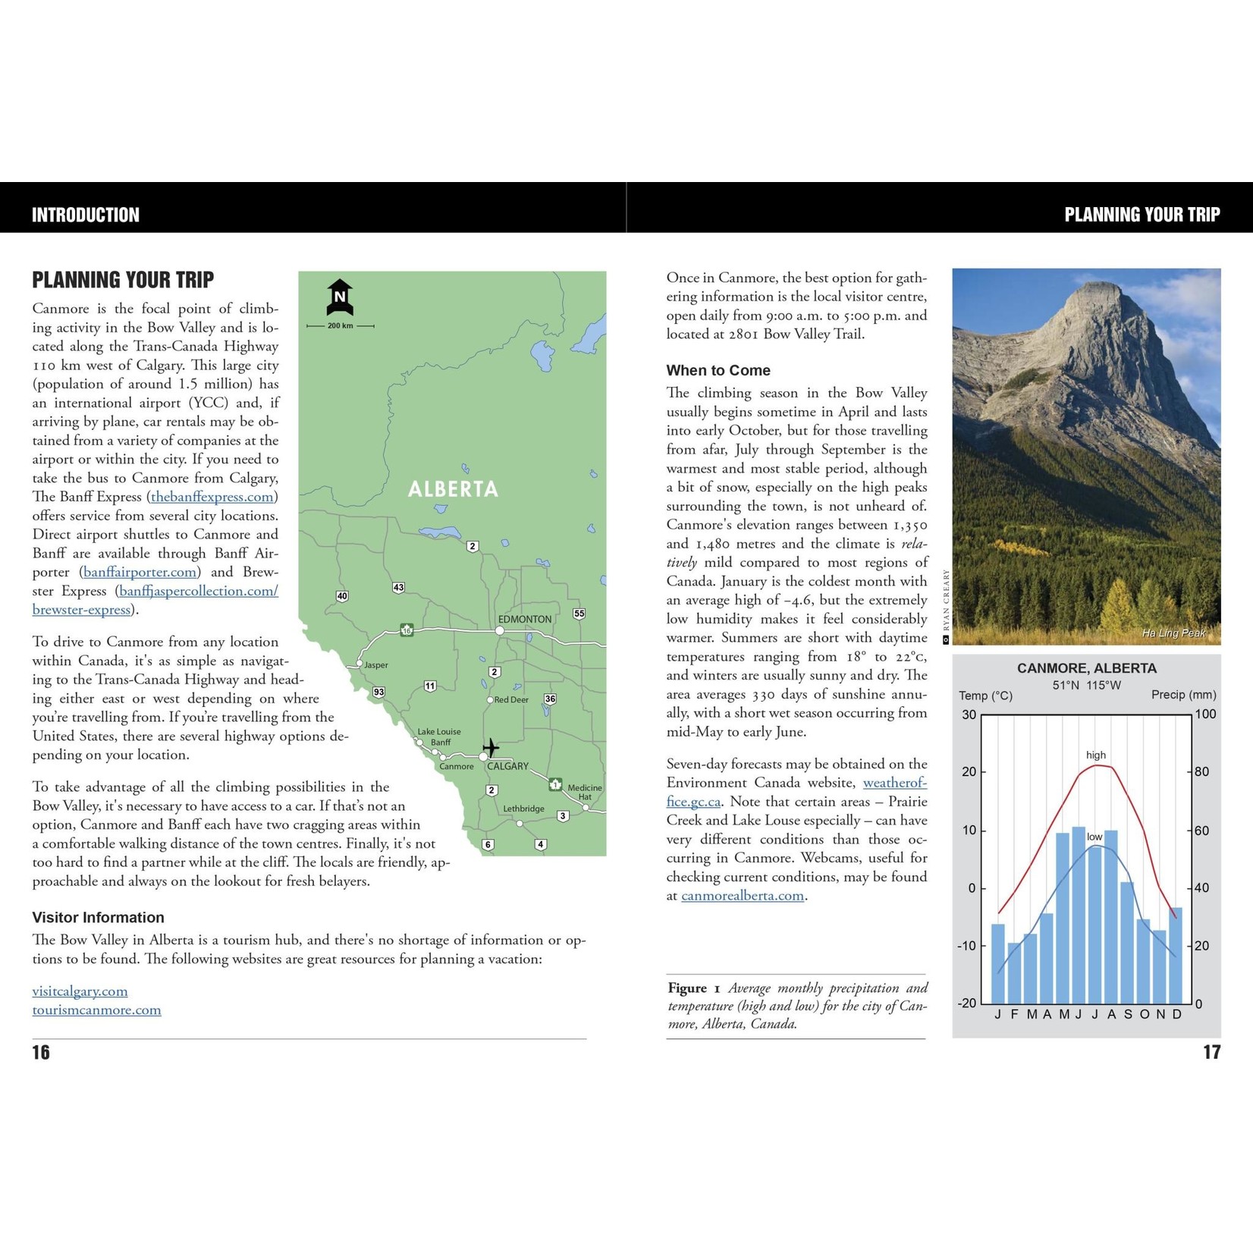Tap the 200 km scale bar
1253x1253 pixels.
[x=341, y=325]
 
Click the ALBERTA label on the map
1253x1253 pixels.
[x=453, y=489]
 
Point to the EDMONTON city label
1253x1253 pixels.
[x=525, y=619]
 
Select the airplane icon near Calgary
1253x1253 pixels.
[x=491, y=748]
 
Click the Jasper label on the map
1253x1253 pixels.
[x=376, y=665]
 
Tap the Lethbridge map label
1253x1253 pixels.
[x=523, y=809]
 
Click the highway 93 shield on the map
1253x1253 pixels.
[x=378, y=692]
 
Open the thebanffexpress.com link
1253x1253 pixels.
[x=212, y=497]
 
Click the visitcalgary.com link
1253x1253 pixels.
[x=80, y=991]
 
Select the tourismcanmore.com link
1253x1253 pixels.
[x=96, y=1010]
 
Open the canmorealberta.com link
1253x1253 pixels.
[x=743, y=896]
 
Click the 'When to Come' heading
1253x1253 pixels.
[x=718, y=371]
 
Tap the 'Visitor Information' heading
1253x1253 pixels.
[x=98, y=918]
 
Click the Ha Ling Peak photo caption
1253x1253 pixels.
[x=1173, y=633]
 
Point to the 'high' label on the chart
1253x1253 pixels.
[x=1096, y=755]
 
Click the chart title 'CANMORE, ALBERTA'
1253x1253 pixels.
[x=1086, y=668]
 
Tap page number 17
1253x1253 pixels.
[x=1211, y=1052]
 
